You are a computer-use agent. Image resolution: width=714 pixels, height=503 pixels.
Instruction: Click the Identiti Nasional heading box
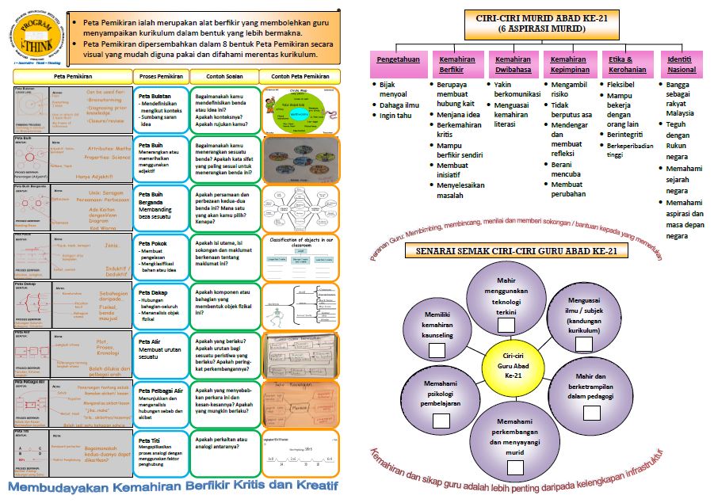click(x=682, y=63)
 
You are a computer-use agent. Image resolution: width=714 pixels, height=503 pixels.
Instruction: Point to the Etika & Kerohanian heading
click(x=624, y=63)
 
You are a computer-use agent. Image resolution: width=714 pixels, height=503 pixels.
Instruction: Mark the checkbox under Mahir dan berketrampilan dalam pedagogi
click(x=591, y=412)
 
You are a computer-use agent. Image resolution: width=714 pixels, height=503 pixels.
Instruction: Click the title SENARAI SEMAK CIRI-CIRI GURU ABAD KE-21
click(x=510, y=251)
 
